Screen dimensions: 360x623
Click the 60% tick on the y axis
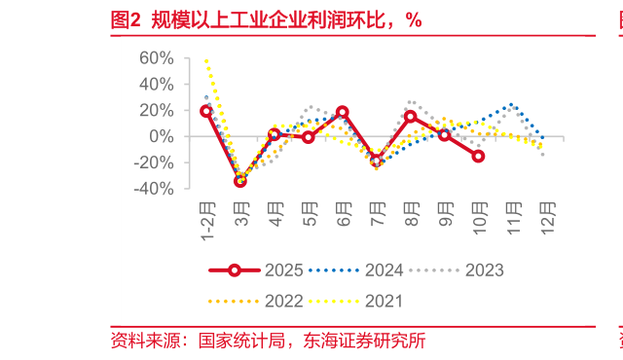pyautogui.click(x=156, y=58)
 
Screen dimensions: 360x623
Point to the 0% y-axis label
pyautogui.click(x=162, y=136)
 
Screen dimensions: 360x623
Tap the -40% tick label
pyautogui.click(x=153, y=189)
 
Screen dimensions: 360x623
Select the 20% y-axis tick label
pyautogui.click(x=156, y=110)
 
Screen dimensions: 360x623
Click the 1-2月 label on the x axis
pyautogui.click(x=207, y=222)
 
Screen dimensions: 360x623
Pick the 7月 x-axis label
pyautogui.click(x=377, y=214)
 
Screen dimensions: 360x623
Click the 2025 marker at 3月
pyautogui.click(x=240, y=181)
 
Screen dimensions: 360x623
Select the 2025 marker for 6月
pyautogui.click(x=343, y=112)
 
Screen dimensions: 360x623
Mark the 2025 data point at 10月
pyautogui.click(x=478, y=156)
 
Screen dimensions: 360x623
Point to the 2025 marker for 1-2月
pyautogui.click(x=206, y=111)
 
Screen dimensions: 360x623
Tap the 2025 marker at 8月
pyautogui.click(x=410, y=117)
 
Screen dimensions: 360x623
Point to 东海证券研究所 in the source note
pyautogui.click(x=365, y=342)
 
